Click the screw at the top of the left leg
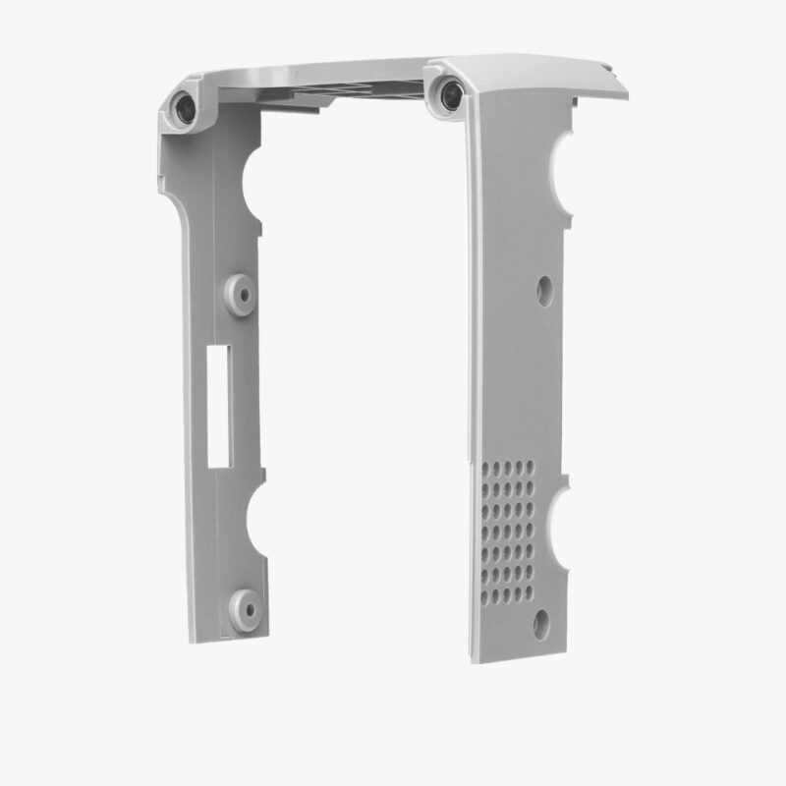184,105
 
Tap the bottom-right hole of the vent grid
529,591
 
